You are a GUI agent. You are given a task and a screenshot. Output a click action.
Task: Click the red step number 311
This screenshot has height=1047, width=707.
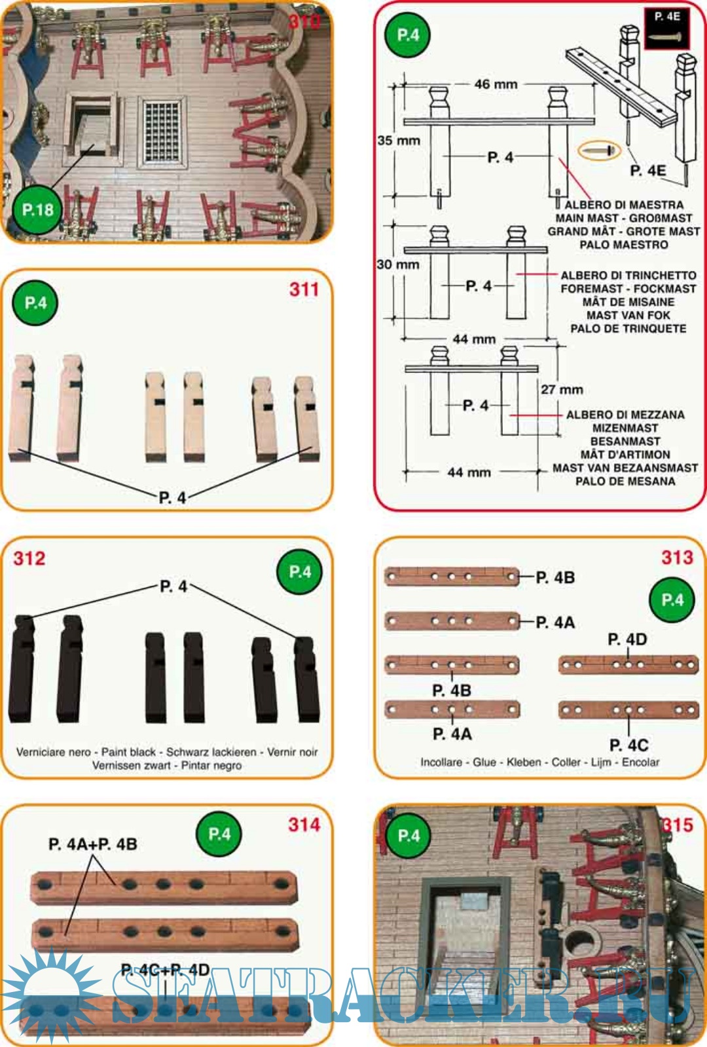(304, 289)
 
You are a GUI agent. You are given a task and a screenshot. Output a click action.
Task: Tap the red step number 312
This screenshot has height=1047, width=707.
(29, 558)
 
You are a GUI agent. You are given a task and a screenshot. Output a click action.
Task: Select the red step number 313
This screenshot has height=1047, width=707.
(677, 557)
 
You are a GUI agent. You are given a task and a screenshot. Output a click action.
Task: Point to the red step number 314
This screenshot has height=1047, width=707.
(304, 825)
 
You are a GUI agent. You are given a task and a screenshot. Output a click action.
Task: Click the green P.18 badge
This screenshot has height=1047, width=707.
(37, 210)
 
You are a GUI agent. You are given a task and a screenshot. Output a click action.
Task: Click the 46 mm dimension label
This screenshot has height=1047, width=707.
(496, 84)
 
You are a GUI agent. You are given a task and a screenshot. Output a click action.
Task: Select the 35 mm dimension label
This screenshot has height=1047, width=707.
(399, 140)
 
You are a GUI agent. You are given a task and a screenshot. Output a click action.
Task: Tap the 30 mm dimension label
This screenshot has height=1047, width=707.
(398, 264)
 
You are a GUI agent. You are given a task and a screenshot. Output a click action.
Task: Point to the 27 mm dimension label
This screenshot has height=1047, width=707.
(562, 389)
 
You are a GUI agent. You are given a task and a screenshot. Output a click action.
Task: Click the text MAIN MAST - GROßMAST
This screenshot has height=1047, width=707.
(624, 219)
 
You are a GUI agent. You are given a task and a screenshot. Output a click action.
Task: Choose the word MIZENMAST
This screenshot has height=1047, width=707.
(625, 428)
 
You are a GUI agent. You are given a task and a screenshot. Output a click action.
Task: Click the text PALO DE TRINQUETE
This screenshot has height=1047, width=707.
(628, 328)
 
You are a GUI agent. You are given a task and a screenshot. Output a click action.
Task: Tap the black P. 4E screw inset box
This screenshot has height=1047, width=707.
(667, 29)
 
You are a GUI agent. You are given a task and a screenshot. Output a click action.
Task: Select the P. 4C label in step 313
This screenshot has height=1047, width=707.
(628, 745)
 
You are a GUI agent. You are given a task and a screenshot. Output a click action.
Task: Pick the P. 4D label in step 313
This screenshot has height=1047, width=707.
(627, 639)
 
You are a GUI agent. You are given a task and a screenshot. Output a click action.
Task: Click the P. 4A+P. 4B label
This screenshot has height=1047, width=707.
(92, 844)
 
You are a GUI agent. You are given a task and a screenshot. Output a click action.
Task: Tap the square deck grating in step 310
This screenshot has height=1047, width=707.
(162, 132)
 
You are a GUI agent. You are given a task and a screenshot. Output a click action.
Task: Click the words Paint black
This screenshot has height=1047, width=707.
(128, 752)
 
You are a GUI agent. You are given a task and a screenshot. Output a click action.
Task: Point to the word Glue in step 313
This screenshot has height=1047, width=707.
(484, 762)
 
